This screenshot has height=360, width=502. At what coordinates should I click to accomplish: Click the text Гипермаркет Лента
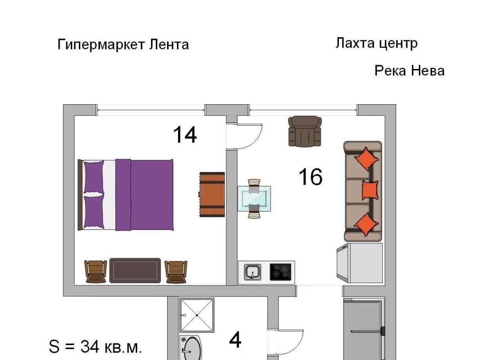click(123, 45)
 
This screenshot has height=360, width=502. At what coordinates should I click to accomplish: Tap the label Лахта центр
click(376, 43)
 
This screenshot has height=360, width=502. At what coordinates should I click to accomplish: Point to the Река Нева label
click(409, 71)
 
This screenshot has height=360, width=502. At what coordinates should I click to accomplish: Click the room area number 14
click(185, 135)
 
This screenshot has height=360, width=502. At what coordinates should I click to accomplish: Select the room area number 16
click(310, 177)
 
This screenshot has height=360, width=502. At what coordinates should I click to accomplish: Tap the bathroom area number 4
click(235, 340)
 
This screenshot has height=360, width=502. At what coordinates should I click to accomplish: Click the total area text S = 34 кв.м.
click(95, 347)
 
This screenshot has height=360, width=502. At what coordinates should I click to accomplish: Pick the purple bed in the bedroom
click(125, 195)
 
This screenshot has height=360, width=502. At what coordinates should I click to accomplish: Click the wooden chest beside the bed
click(212, 195)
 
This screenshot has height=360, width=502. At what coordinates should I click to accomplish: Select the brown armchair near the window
click(305, 131)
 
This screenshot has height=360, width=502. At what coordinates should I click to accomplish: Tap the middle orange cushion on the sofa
click(370, 190)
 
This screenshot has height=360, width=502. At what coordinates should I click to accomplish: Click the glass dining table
click(254, 198)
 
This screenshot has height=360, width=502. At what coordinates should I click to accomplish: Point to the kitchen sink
click(253, 272)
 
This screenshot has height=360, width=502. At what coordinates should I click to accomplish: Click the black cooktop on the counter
click(280, 272)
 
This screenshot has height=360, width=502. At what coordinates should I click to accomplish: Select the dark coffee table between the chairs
click(135, 270)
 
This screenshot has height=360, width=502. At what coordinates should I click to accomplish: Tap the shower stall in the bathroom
click(197, 315)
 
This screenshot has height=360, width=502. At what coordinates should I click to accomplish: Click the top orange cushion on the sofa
click(366, 159)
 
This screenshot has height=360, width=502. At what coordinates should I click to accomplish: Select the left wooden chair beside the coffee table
click(95, 271)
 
